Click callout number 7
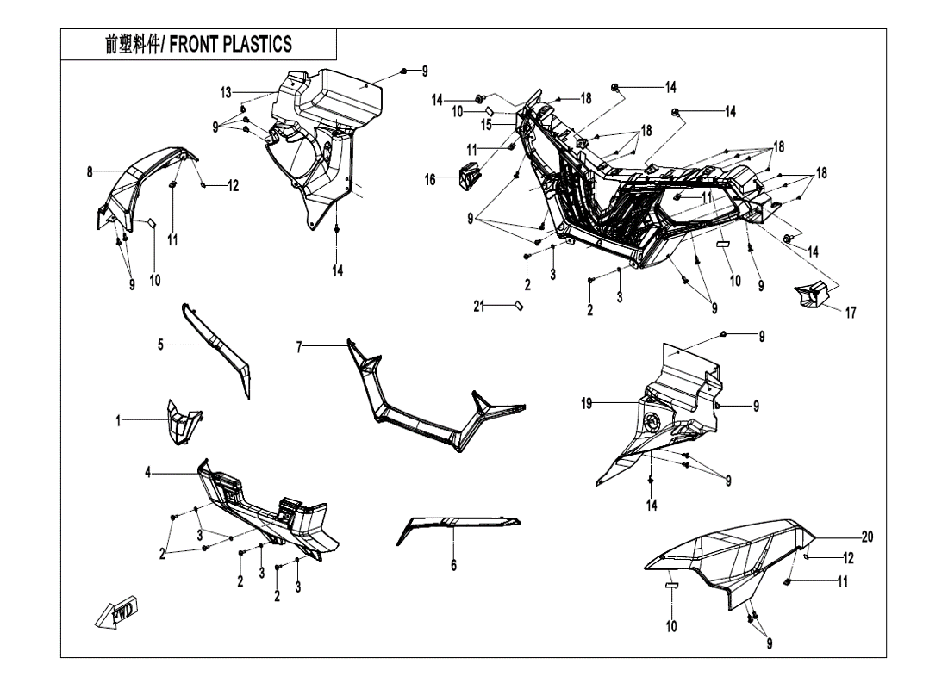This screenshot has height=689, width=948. [299, 346]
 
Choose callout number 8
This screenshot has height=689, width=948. [90, 172]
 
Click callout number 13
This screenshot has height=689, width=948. [226, 91]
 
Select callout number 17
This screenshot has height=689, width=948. [851, 313]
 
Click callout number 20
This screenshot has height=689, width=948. [868, 537]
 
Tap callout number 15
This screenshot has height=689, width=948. [486, 125]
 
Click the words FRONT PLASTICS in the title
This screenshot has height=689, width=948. [230, 45]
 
